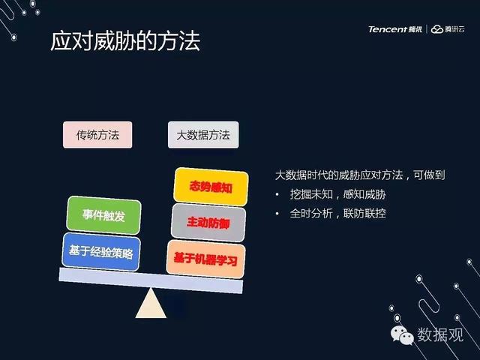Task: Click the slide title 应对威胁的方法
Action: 125,40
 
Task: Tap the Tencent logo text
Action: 388,29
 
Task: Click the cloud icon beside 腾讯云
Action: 436,29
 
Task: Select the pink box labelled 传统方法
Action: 97,135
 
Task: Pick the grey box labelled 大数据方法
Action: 203,135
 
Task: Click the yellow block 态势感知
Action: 211,187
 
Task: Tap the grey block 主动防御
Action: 208,223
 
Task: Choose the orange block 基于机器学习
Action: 205,259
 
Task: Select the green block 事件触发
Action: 103,215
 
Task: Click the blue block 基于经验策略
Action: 101,252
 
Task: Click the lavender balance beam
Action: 151,280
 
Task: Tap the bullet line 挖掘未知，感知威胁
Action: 337,194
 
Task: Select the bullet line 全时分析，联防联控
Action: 337,213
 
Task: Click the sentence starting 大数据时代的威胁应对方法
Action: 360,175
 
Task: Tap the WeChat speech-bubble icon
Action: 402,335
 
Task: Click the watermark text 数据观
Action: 440,334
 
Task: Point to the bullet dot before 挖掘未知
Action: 277,195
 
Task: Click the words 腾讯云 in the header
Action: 455,29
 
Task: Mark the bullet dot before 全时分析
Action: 277,214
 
